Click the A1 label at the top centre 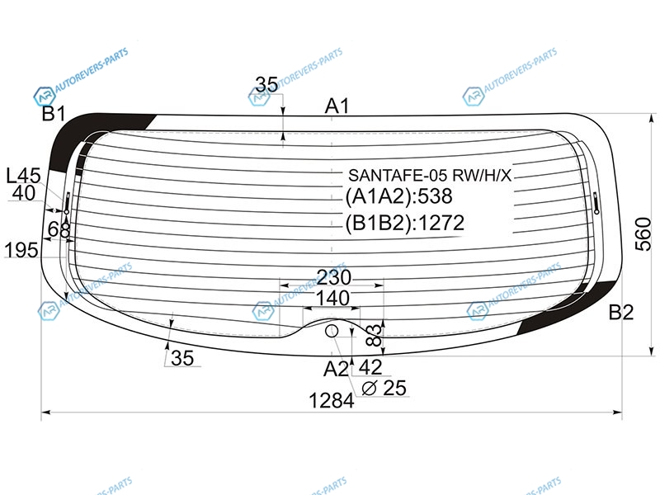337,106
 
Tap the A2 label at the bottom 336,369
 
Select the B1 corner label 54,113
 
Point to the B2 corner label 621,313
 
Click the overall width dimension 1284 332,400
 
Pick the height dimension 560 643,234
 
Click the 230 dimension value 333,277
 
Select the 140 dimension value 332,298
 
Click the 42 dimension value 370,367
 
